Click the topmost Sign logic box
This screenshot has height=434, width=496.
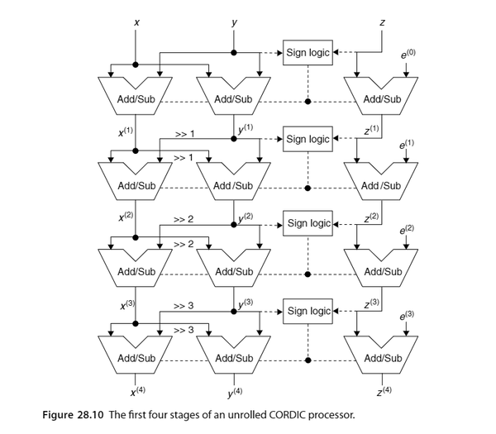coord(308,53)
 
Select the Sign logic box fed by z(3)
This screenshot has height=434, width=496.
coord(308,311)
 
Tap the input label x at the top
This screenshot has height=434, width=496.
coord(136,22)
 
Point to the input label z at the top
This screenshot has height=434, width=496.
coord(382,22)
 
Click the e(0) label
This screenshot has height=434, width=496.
coord(408,54)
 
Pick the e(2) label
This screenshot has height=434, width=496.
coord(407,230)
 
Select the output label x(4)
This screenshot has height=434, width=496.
coord(138,391)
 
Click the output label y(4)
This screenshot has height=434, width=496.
coord(235,392)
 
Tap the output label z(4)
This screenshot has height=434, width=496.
coord(384,391)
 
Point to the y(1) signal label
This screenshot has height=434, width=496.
coord(246,129)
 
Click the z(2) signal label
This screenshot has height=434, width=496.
coord(371,217)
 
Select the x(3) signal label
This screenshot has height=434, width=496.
coord(128,305)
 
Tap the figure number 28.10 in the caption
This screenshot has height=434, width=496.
coord(90,414)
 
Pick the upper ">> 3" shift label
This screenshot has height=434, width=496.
coord(184,306)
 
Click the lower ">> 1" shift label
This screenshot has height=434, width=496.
coord(184,157)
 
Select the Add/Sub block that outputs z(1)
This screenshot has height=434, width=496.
coord(381,96)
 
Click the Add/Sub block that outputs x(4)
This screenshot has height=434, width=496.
coord(136,355)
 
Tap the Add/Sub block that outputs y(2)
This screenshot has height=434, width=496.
coord(233,182)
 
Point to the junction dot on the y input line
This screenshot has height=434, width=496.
coord(234,53)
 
